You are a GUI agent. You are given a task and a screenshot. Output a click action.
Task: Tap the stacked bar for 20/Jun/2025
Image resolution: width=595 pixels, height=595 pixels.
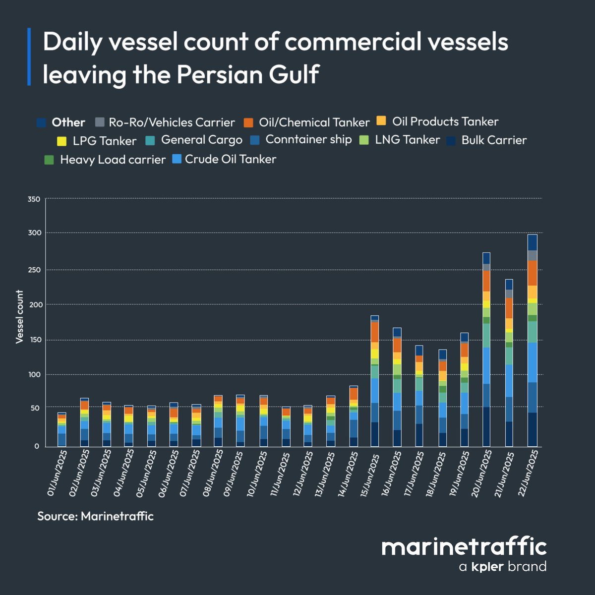[x=486, y=350]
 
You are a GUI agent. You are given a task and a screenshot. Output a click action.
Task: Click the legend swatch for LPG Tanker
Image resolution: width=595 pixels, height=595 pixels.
[x=61, y=141]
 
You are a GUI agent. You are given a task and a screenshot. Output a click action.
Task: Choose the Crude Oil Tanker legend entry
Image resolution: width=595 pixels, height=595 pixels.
[x=230, y=159]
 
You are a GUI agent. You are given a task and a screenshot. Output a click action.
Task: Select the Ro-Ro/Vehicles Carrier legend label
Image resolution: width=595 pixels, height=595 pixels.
[x=172, y=122]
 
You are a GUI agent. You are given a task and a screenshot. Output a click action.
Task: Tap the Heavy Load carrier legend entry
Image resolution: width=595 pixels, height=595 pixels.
[x=113, y=160]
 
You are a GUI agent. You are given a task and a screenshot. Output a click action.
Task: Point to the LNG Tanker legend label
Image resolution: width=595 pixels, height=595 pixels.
[x=407, y=140]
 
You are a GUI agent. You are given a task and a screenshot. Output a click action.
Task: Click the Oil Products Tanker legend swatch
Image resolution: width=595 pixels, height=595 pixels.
[x=381, y=121]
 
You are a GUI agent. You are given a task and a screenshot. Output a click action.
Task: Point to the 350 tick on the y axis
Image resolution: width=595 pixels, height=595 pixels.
[x=34, y=199]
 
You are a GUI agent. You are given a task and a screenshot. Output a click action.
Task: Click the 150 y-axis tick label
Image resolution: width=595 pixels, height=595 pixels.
[x=34, y=340]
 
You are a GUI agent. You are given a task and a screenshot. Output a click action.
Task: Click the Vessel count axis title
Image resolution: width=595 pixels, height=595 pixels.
[x=20, y=317]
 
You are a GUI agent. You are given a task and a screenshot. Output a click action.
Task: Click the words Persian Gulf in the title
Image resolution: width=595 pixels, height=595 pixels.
[x=247, y=75]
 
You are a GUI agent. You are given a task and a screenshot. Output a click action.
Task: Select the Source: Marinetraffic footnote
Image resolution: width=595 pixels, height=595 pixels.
[x=96, y=516]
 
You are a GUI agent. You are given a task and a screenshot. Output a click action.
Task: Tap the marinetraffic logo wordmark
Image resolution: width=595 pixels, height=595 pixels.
[x=464, y=547]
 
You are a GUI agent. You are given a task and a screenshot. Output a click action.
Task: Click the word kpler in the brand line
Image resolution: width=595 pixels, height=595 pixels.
[x=487, y=566]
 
